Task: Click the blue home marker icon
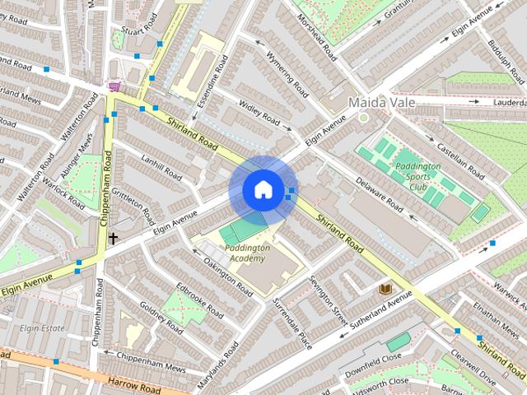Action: (x=263, y=190)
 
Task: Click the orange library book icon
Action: (x=385, y=289)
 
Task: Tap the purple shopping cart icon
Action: (x=113, y=86)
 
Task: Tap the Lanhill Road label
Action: (x=161, y=165)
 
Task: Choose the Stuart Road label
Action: (x=133, y=32)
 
